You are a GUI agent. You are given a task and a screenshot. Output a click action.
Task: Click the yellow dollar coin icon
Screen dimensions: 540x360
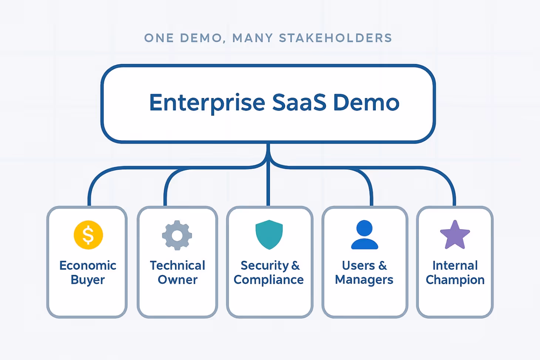88,235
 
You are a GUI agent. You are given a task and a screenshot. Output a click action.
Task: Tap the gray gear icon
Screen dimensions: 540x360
177,235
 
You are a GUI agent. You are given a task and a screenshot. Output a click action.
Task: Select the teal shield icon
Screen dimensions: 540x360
269,235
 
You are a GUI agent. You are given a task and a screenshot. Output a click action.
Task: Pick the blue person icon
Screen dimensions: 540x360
364,235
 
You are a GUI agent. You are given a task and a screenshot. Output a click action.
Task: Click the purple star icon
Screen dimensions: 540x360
455,235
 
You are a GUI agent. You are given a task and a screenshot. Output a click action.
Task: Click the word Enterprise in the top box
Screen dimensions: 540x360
207,103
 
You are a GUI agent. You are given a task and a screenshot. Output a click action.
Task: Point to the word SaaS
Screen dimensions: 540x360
299,103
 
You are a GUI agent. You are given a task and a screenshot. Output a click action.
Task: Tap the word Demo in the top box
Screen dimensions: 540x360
366,103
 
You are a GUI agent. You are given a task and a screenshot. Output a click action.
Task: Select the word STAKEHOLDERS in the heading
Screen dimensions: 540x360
335,38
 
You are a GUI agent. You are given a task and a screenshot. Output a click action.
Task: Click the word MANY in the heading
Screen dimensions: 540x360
253,38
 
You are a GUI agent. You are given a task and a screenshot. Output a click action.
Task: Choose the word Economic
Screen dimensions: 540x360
88,265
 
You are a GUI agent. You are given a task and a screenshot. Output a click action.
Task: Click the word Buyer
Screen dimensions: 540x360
88,280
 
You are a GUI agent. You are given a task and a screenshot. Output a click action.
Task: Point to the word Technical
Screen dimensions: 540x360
178,265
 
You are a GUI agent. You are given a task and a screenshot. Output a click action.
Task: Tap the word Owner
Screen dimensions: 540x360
178,280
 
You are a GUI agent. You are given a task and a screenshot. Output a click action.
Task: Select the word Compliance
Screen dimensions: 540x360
269,280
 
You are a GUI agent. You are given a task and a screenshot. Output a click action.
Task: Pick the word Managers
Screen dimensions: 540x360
364,280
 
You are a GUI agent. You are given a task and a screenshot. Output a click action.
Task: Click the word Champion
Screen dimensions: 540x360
455,280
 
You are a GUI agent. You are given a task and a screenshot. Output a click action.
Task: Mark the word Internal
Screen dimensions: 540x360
455,265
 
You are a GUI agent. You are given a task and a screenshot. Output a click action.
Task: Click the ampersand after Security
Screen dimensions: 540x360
296,265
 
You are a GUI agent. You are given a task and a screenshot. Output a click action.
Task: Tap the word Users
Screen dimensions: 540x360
358,265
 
